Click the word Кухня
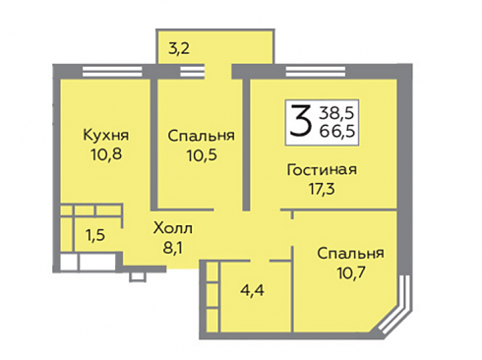(x=106, y=135)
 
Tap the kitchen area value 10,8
(x=106, y=154)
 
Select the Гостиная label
(x=322, y=170)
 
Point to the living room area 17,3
(x=322, y=189)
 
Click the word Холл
(x=173, y=228)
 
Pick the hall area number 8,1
(x=172, y=248)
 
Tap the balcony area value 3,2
(x=179, y=49)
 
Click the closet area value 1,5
(x=95, y=235)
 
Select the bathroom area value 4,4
(x=252, y=290)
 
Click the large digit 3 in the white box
(x=300, y=122)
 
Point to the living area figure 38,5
(x=337, y=113)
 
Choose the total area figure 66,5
(x=337, y=131)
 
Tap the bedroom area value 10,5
(x=202, y=155)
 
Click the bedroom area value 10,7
(x=350, y=272)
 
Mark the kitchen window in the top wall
(x=112, y=71)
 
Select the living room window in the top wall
(x=316, y=71)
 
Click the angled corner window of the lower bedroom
(x=395, y=306)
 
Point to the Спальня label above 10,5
(x=202, y=136)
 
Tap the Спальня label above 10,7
(x=350, y=254)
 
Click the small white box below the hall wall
(x=137, y=277)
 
